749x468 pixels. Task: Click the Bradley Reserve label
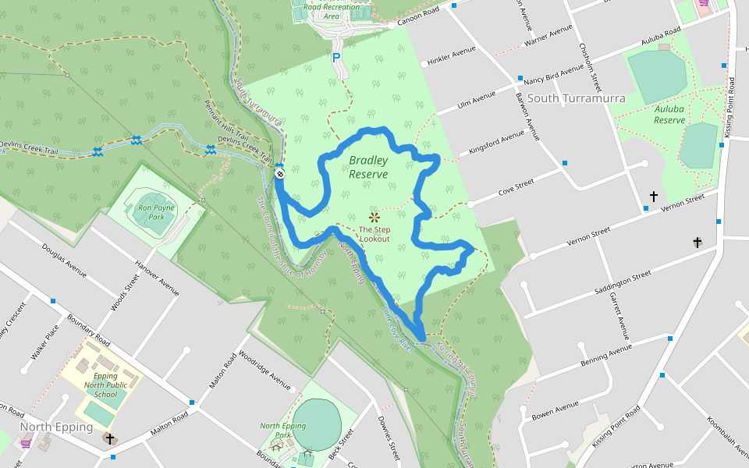pyautogui.click(x=368, y=167)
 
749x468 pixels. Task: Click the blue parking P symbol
pyautogui.click(x=336, y=58)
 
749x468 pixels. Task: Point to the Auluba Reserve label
pyautogui.click(x=669, y=115)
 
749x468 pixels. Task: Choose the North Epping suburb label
pyautogui.click(x=56, y=427)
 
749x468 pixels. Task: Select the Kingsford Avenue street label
pyautogui.click(x=496, y=143)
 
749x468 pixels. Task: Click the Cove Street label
pyautogui.click(x=516, y=188)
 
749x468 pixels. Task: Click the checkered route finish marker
pyautogui.click(x=279, y=173)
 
